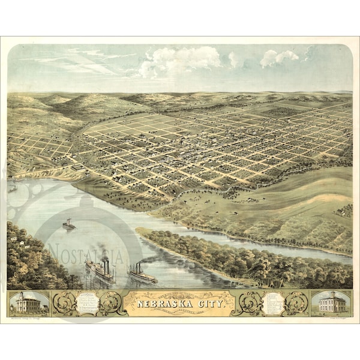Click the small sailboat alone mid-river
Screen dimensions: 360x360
tap(68, 224)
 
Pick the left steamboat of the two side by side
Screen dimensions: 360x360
tap(100, 270)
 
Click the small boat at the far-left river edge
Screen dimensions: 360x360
tap(12, 188)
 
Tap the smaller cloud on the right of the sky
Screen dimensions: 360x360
tap(279, 58)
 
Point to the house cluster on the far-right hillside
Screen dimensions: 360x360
tap(344, 210)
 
